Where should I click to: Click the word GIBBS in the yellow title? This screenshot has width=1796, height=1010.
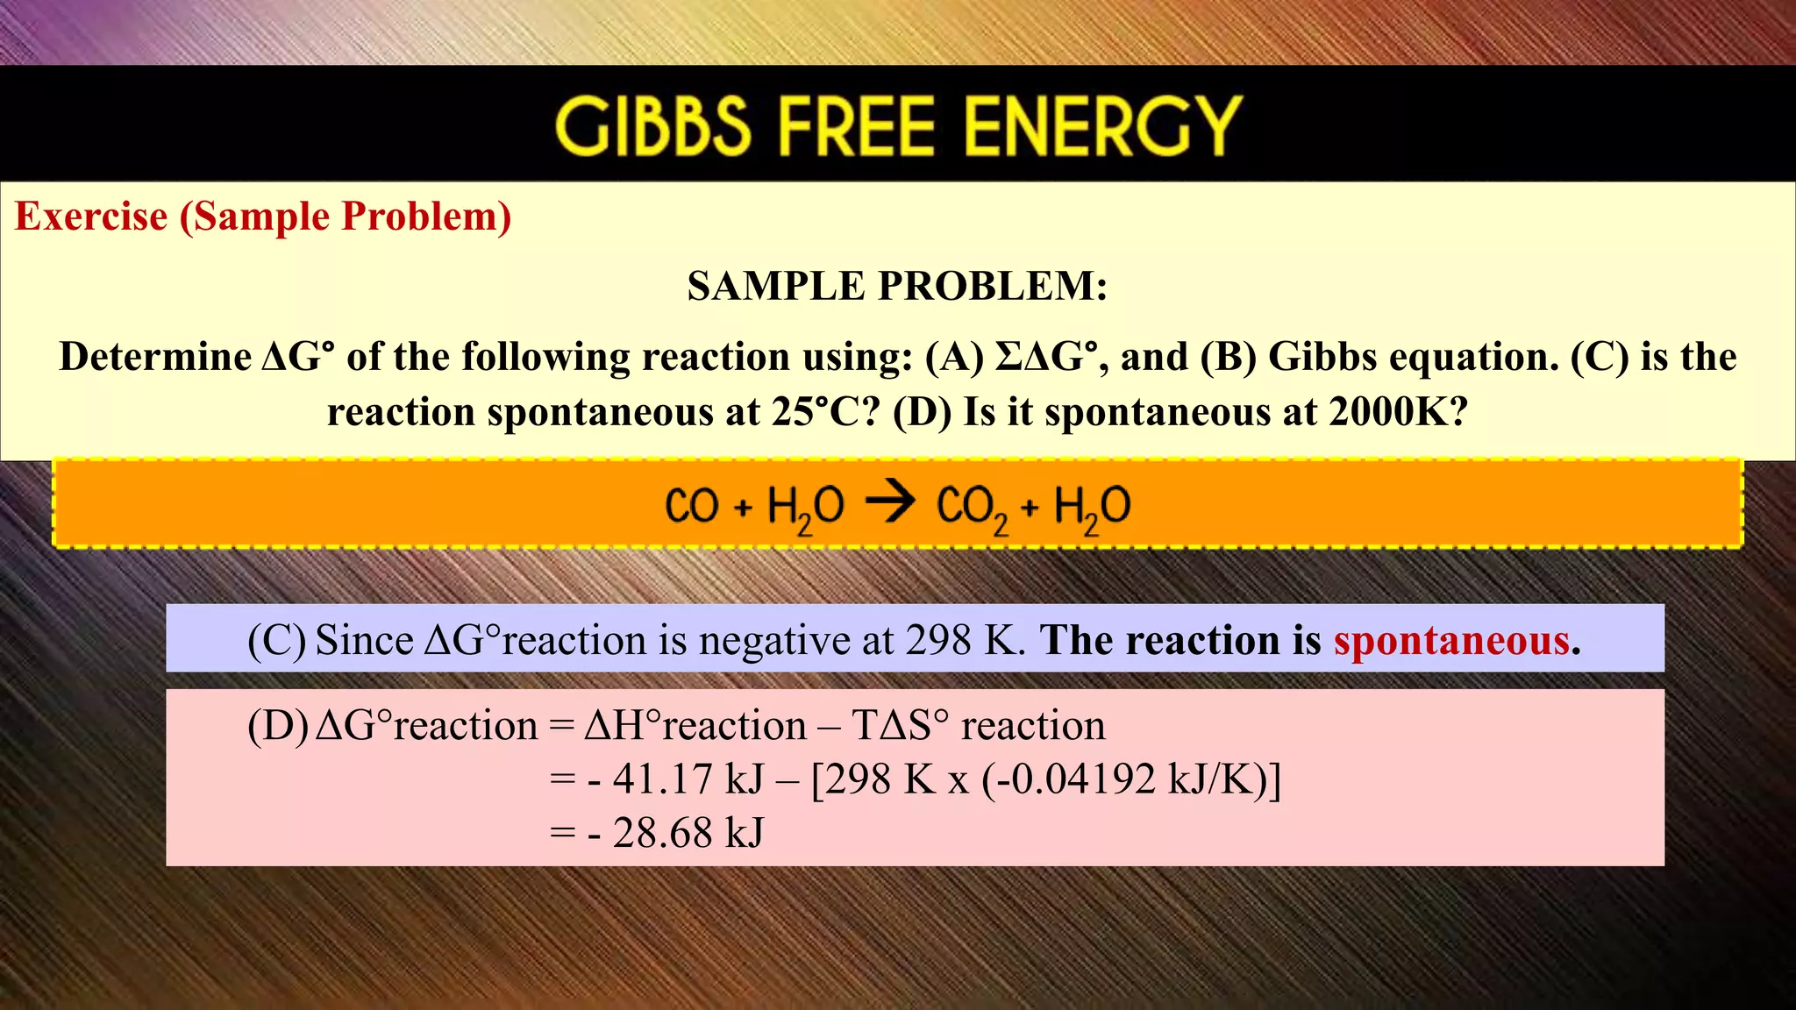click(653, 126)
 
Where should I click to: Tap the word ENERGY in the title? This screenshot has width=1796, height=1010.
click(1103, 126)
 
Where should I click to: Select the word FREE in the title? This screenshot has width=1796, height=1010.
click(857, 126)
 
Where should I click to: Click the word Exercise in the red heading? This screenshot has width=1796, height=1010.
click(91, 217)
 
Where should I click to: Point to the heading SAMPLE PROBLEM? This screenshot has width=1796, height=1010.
click(897, 286)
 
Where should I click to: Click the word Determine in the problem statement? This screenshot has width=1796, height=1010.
click(154, 357)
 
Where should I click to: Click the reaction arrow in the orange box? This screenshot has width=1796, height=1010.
click(890, 503)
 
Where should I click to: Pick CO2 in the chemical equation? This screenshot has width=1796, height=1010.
click(972, 507)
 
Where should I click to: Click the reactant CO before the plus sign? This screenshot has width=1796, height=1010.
click(691, 506)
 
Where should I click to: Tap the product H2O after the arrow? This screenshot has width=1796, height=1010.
click(1092, 507)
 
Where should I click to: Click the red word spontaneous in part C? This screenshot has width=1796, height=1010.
click(1451, 640)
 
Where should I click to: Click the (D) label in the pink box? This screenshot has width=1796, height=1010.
click(278, 726)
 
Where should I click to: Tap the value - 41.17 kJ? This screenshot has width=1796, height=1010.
click(676, 779)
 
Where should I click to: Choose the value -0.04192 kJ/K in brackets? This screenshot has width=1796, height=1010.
click(1122, 779)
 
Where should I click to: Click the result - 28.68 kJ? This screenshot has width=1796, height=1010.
click(676, 832)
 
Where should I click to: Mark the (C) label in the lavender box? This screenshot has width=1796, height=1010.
click(277, 640)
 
